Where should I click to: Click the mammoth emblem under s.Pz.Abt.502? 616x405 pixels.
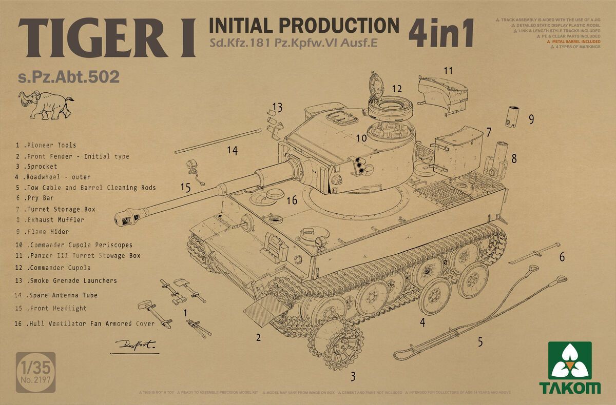46,103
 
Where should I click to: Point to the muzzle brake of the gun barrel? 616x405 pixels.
126,217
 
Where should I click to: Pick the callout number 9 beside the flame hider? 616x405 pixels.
531,119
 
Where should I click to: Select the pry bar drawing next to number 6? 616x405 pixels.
534,255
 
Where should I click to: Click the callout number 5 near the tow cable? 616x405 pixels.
480,342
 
